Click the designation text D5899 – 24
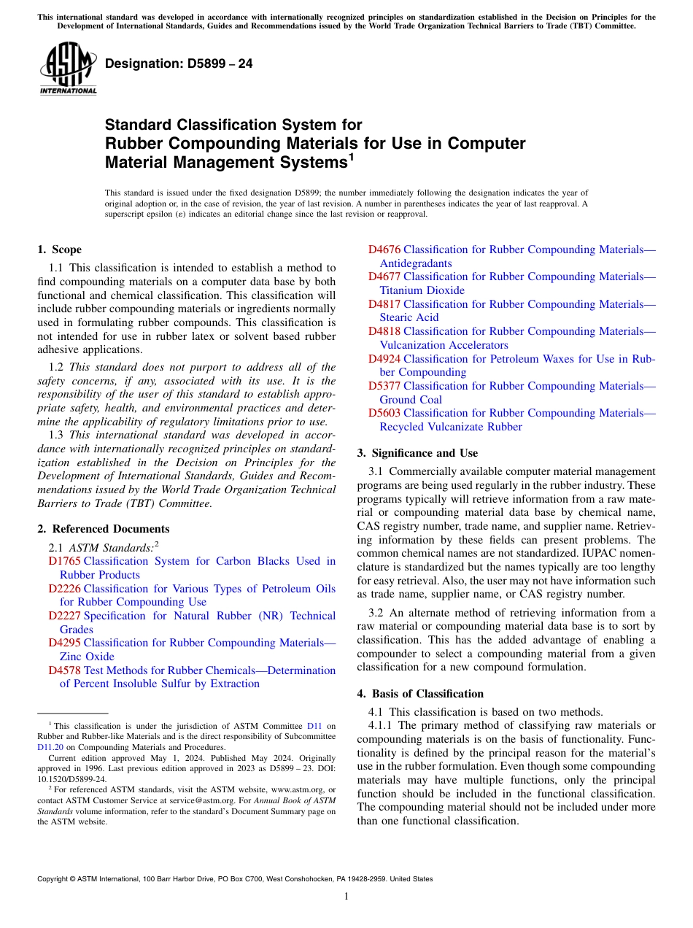click(x=179, y=64)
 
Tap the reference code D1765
click(x=64, y=561)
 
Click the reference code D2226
click(x=64, y=589)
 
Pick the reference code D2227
click(x=64, y=616)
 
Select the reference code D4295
click(x=64, y=643)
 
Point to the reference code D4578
click(x=64, y=670)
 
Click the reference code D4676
click(x=384, y=250)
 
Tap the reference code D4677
click(x=384, y=277)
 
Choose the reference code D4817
click(x=384, y=304)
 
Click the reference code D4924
click(x=384, y=359)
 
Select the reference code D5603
click(x=384, y=413)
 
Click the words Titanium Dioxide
click(x=422, y=290)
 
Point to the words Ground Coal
click(x=410, y=400)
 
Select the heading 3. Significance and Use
click(x=417, y=453)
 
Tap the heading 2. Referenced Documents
click(x=103, y=529)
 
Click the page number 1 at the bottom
click(x=346, y=897)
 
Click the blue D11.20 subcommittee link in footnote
click(x=50, y=747)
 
